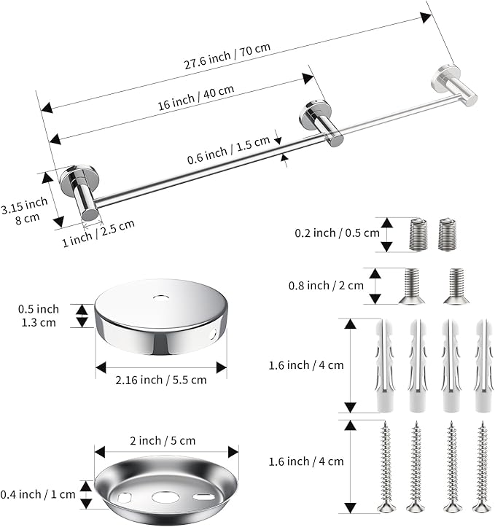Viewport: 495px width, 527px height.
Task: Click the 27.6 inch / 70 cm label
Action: coord(227,56)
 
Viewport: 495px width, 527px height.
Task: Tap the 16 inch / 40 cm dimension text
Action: coord(196,98)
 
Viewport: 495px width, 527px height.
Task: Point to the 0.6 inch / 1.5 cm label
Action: coord(228,150)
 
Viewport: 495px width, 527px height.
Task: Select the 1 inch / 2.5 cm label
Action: coord(98,233)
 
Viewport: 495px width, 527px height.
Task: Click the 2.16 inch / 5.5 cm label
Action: coord(161,380)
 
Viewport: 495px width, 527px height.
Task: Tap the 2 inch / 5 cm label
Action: coord(163,440)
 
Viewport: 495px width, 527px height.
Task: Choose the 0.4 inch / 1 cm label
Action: coord(38,494)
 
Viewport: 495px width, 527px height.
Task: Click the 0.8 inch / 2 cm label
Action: coord(326,286)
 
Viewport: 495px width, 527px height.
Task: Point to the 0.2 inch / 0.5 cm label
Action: coord(337,233)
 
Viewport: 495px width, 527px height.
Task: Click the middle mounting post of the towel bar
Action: coord(321,123)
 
